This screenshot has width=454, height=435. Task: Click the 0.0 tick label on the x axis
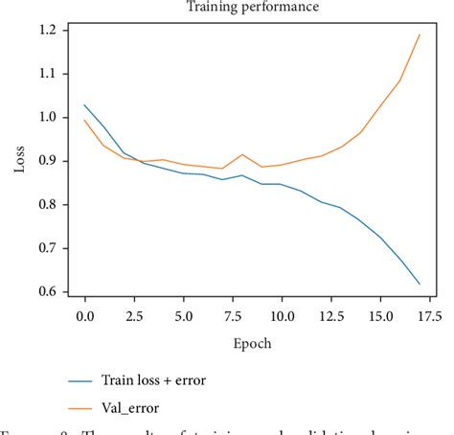tap(84, 314)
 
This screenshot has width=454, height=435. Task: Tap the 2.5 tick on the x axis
tap(133, 314)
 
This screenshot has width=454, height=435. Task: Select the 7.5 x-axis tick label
tap(232, 314)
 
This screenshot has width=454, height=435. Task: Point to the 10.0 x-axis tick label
tap(281, 314)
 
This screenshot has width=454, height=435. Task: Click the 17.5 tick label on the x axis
tap(428, 314)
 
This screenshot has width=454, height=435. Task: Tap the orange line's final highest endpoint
tap(419, 34)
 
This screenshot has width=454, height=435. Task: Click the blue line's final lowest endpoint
tap(419, 284)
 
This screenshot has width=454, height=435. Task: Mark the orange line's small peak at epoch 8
tap(241, 154)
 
